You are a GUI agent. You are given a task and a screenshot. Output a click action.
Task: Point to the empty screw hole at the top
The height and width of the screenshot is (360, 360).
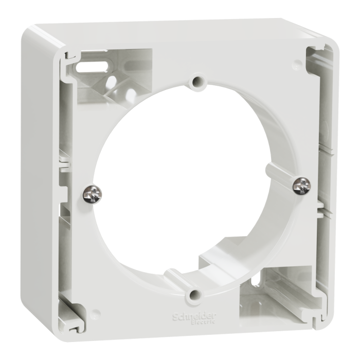pyautogui.click(x=196, y=81)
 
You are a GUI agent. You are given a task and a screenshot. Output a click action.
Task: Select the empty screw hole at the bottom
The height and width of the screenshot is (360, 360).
pyautogui.click(x=194, y=295)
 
